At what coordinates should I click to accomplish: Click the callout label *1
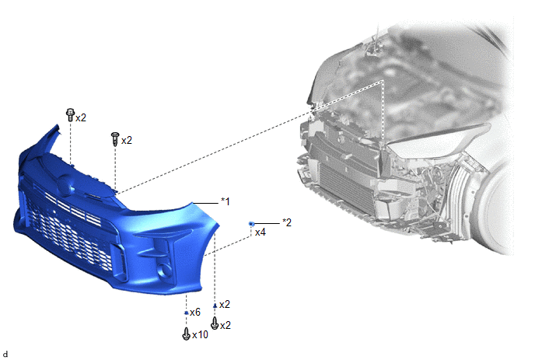(226, 201)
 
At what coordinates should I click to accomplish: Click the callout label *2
(287, 222)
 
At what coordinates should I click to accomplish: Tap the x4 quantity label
(260, 232)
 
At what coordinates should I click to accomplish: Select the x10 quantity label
(200, 335)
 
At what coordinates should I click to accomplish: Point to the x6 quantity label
(195, 313)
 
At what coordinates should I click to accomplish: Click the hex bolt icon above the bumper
(70, 115)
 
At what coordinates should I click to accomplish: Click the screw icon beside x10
(186, 334)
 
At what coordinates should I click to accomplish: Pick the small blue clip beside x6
(187, 313)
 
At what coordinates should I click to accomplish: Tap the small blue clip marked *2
(252, 224)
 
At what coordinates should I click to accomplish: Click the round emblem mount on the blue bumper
(65, 184)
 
